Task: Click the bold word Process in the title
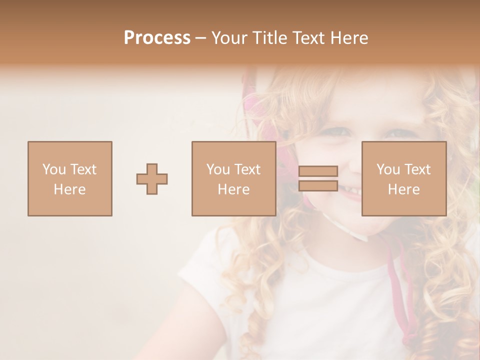[x=157, y=38]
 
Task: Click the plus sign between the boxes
[x=152, y=178]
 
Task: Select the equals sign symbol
[x=318, y=178]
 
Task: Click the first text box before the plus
[x=69, y=178]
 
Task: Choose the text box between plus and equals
[x=233, y=178]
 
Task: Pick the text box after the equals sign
[x=403, y=178]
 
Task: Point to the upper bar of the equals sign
[x=318, y=171]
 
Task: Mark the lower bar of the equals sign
[x=318, y=185]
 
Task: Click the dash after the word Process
[x=200, y=38]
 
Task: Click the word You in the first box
[x=54, y=169]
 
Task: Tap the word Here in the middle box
[x=233, y=189]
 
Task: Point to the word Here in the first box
[x=69, y=189]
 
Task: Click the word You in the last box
[x=388, y=169]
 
